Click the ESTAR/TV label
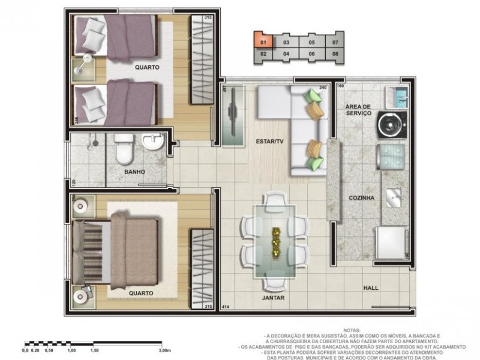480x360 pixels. (269, 142)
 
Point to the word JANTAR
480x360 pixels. (273, 298)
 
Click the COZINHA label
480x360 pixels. (362, 197)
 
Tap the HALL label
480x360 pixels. (371, 288)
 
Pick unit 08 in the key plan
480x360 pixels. (335, 53)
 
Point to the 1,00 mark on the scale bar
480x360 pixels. (71, 350)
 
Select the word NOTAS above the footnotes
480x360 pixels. (352, 331)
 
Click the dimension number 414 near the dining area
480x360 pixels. (226, 307)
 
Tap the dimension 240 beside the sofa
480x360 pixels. (323, 88)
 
